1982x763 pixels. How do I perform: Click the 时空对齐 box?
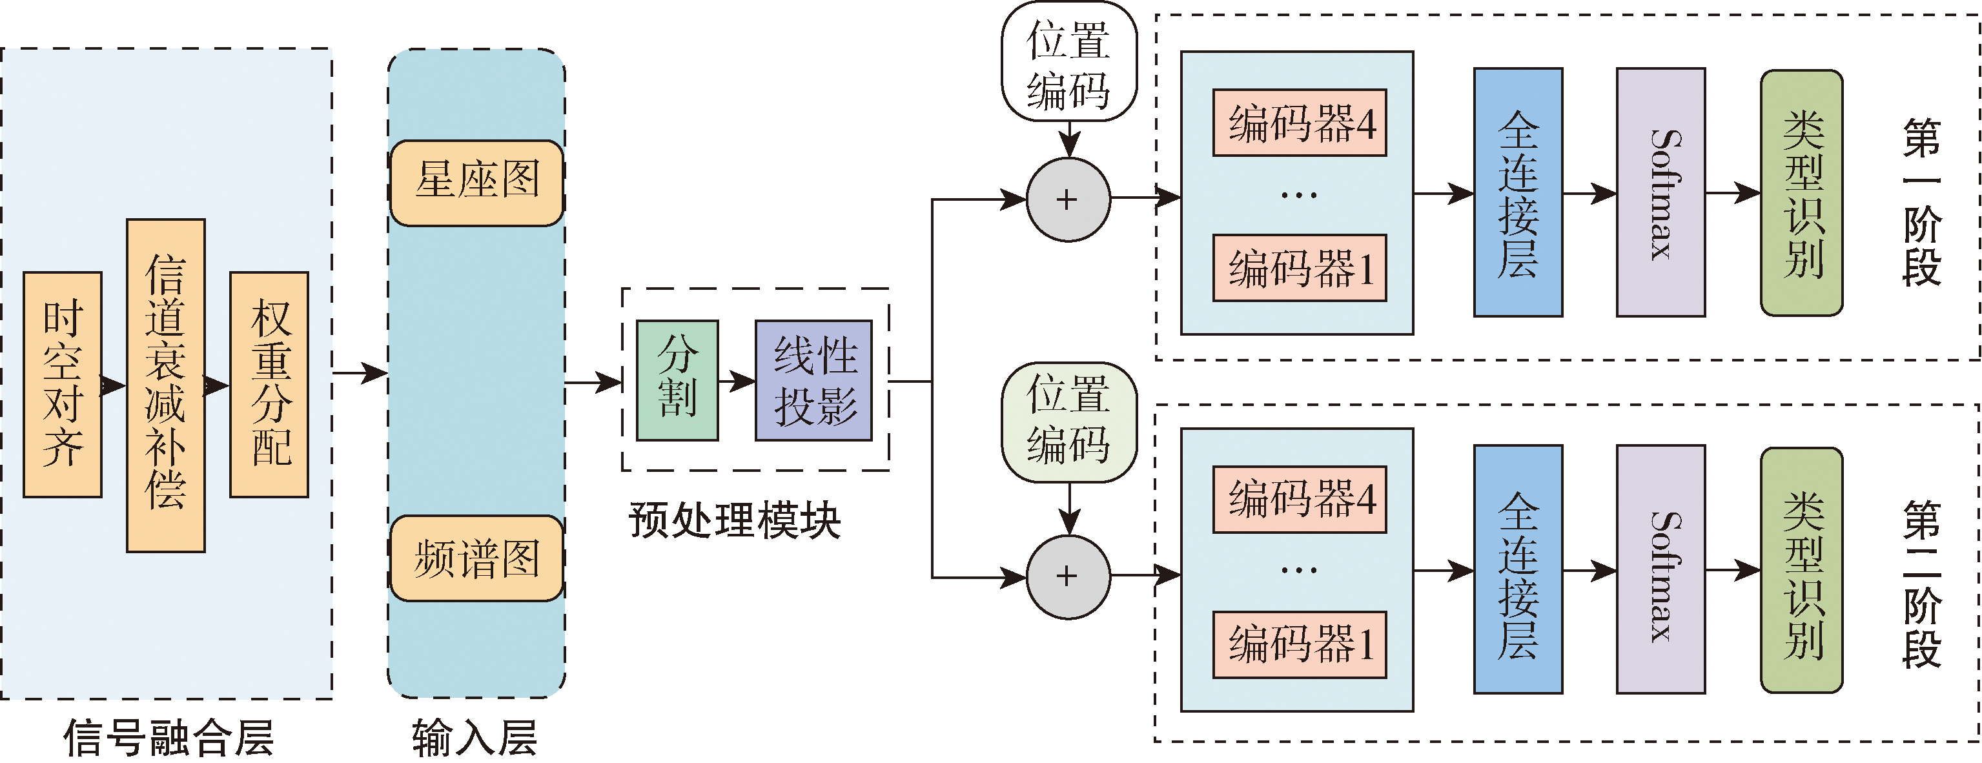(63, 384)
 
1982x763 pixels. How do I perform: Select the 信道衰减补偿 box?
(165, 385)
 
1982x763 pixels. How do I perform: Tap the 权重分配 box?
(269, 384)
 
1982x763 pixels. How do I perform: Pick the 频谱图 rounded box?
(477, 558)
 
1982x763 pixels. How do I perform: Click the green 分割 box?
(677, 381)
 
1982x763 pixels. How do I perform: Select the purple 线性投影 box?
(813, 381)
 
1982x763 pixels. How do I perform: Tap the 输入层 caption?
(475, 737)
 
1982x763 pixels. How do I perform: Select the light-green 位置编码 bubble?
(1068, 422)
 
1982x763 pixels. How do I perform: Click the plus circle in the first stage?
(1068, 200)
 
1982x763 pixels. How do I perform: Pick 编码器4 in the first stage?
(1300, 123)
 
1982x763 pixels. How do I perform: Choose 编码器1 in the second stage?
(1300, 645)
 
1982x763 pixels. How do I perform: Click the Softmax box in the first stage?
(1660, 192)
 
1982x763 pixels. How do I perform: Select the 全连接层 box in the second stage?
(1517, 569)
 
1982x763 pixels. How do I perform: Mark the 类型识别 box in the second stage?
(1801, 570)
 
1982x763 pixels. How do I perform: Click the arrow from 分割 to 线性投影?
(737, 381)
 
